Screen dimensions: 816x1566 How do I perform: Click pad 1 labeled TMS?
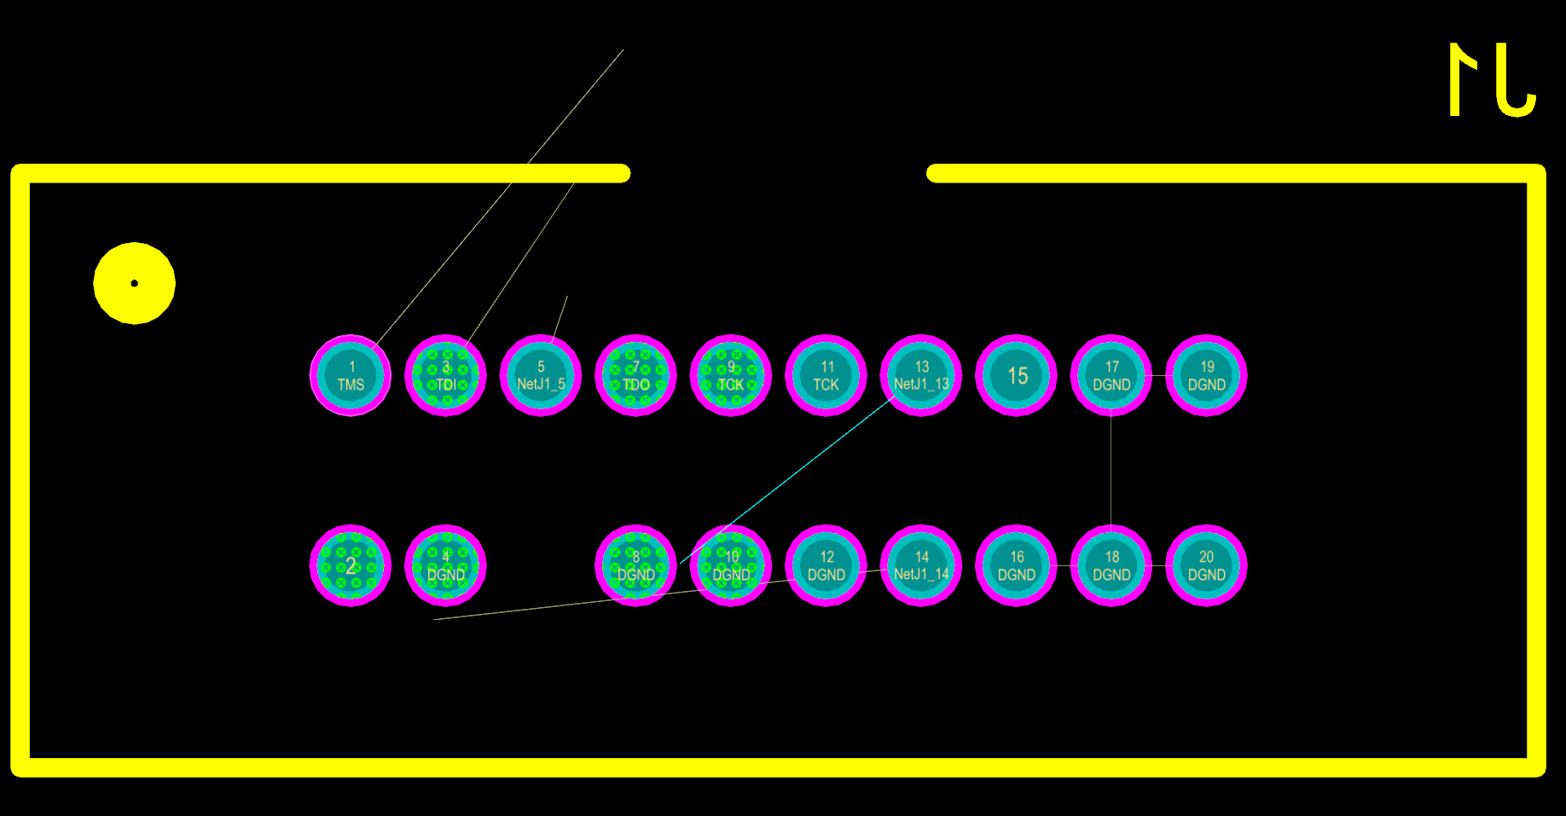tap(351, 375)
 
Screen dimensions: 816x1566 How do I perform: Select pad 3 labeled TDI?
tap(445, 375)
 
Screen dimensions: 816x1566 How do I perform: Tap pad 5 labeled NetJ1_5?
tap(541, 375)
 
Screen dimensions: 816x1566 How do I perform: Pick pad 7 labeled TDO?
tap(635, 375)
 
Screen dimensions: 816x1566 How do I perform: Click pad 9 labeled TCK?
tap(731, 375)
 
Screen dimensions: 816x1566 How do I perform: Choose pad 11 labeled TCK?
tap(826, 375)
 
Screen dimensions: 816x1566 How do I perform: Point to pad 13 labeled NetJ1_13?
tap(921, 375)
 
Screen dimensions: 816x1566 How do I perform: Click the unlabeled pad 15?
tap(1016, 375)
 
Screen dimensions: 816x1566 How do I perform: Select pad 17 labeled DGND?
tap(1111, 375)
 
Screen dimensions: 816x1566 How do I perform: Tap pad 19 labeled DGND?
tap(1206, 375)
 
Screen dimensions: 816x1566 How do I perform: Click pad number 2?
tap(351, 565)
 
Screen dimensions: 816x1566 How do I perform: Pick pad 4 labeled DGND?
tap(445, 565)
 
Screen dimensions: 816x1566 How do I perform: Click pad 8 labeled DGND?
tap(635, 565)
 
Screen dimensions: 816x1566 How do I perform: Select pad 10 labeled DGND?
tap(731, 565)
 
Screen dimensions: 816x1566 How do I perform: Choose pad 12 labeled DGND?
tap(826, 565)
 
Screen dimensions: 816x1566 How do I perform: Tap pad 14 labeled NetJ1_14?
tap(921, 565)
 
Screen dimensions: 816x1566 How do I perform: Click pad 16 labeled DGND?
tap(1016, 565)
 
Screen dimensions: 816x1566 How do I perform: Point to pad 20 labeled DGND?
tap(1206, 565)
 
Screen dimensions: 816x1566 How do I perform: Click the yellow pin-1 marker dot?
tap(134, 283)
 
